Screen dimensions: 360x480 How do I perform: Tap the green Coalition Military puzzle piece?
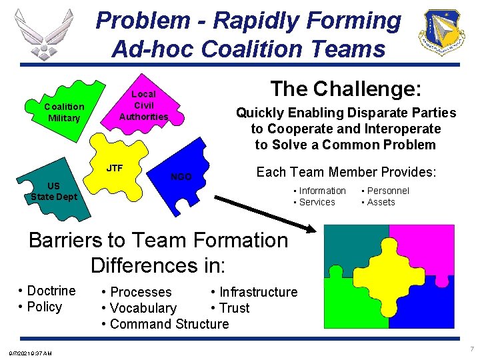63,112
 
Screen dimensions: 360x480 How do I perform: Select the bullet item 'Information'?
322,191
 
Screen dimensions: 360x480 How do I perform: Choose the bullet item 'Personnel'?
387,191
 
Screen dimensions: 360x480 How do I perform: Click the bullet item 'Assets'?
381,202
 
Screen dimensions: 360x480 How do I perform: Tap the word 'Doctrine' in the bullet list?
51,291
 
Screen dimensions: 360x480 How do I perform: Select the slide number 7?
471,349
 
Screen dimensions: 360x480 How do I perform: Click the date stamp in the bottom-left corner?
31,353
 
